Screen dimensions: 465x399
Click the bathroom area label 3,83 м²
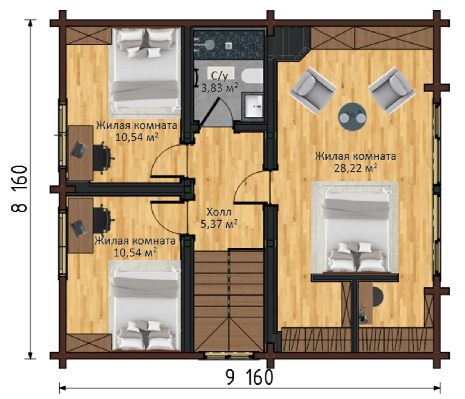point(219,88)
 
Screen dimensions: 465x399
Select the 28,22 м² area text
point(355,168)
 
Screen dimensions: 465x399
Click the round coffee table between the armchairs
point(352,116)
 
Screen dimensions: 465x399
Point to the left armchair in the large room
point(313,90)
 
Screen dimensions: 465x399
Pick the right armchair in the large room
point(392,90)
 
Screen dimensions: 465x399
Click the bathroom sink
point(254,106)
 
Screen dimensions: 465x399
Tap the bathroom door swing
point(216,113)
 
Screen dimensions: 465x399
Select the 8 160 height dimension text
point(19,189)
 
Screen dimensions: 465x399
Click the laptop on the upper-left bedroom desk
point(79,150)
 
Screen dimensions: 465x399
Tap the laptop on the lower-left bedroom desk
point(79,229)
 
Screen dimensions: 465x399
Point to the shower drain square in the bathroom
point(229,46)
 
